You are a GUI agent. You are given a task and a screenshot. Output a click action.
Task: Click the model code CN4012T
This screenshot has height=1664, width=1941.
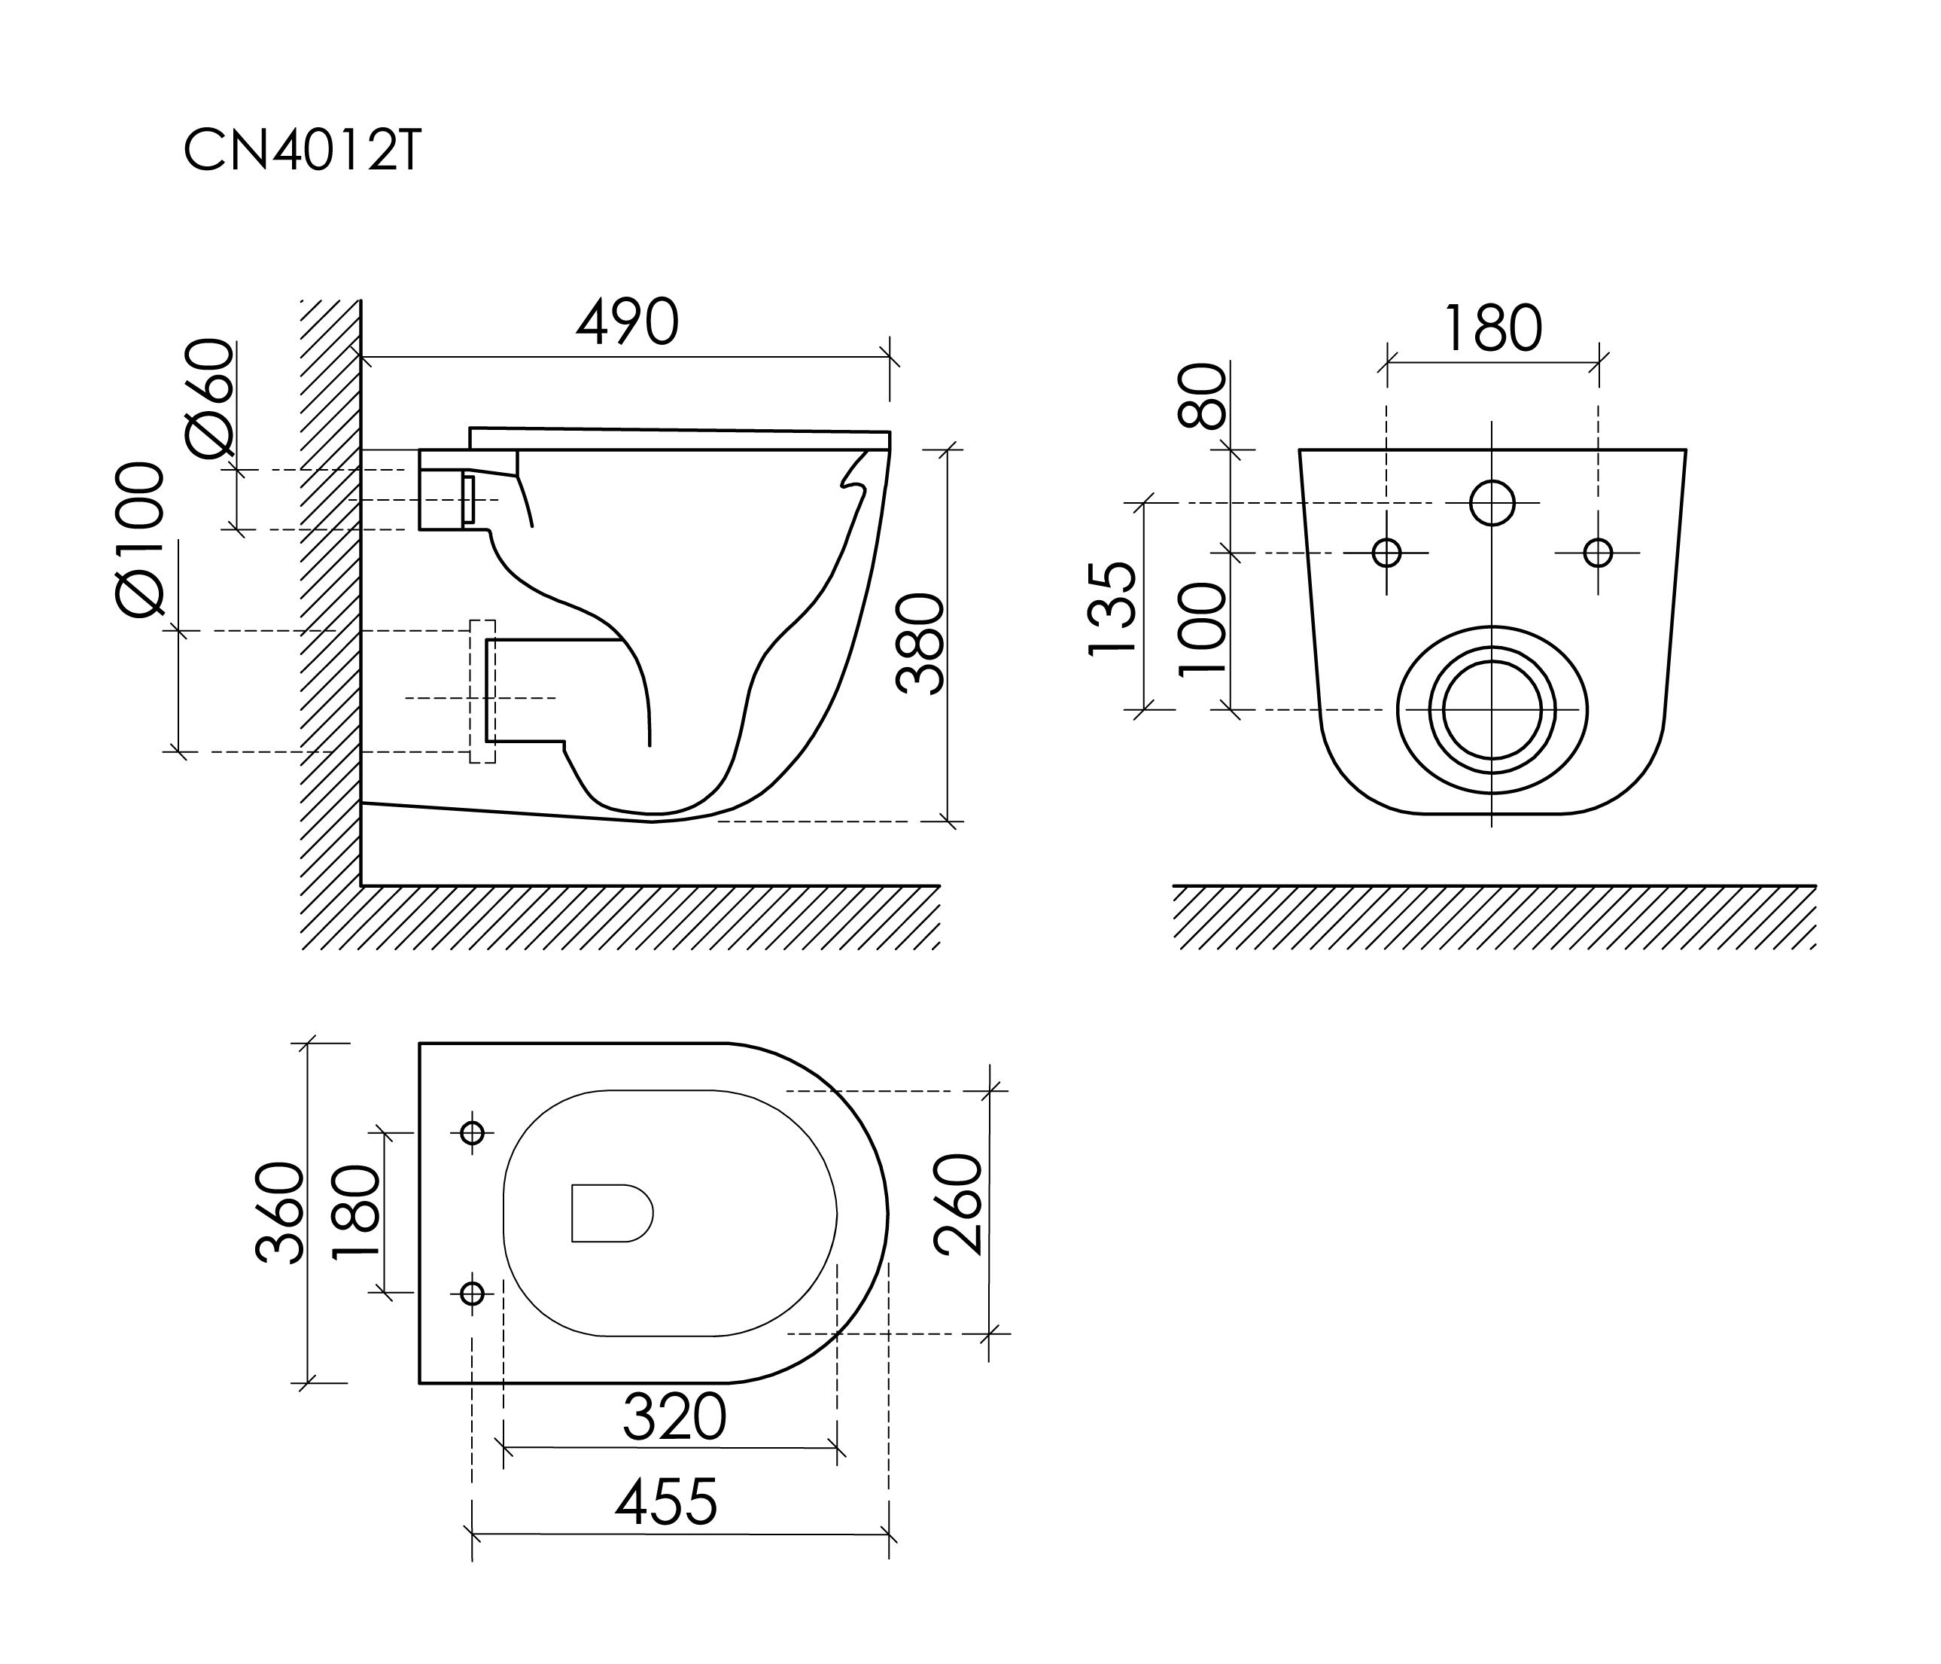pos(302,149)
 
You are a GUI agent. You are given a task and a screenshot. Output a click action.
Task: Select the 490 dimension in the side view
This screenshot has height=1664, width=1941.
pos(627,322)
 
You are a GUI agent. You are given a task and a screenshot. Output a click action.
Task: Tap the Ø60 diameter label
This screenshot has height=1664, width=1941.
pos(210,398)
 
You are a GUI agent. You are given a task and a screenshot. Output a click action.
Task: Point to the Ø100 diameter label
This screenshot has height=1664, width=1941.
pos(141,539)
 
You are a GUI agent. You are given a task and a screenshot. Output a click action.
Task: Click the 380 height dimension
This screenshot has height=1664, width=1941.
pos(919,643)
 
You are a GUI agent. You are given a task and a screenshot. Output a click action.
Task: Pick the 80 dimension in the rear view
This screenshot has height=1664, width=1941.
pos(1202,395)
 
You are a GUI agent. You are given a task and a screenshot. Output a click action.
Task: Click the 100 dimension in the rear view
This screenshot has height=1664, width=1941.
pos(1202,628)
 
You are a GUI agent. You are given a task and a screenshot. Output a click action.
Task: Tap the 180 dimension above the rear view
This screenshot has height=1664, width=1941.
pos(1492,328)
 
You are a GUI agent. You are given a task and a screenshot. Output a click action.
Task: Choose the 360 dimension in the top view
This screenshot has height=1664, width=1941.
pos(280,1212)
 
